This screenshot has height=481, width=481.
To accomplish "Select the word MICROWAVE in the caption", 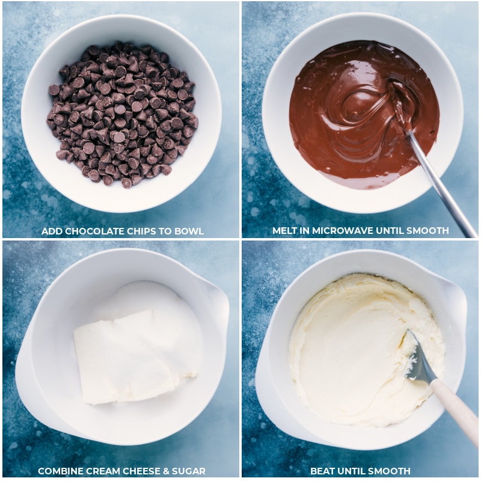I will [349, 231].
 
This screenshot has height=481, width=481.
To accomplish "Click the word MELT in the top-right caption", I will [286, 231].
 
